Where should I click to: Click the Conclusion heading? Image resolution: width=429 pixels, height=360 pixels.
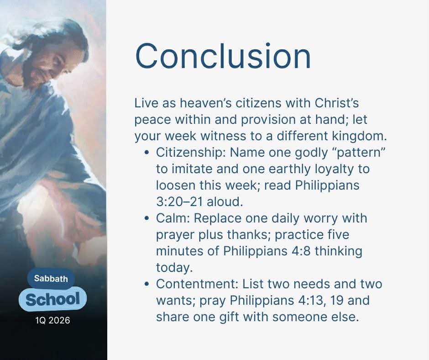tap(223, 56)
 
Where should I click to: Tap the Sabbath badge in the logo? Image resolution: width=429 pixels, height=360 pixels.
tap(51, 279)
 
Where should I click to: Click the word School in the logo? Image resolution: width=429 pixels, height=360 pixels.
tap(52, 299)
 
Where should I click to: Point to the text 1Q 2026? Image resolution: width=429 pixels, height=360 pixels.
tap(52, 320)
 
